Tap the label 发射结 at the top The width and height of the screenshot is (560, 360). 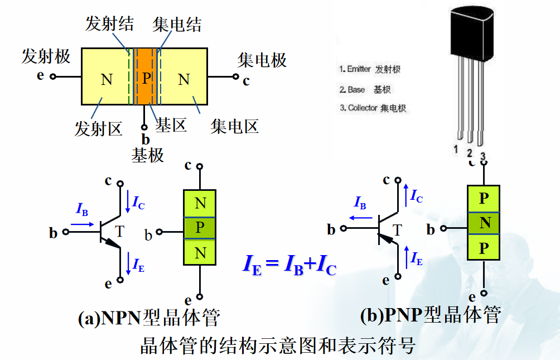pyautogui.click(x=109, y=23)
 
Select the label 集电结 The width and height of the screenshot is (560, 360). pyautogui.click(x=177, y=25)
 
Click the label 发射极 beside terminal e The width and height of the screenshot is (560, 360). pyautogui.click(x=46, y=56)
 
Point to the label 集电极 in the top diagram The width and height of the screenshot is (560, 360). pyautogui.click(x=262, y=60)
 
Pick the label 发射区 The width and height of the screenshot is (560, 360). pyautogui.click(x=98, y=128)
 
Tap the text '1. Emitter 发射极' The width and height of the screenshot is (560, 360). pyautogui.click(x=370, y=70)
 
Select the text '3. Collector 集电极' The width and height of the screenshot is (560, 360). pyautogui.click(x=373, y=108)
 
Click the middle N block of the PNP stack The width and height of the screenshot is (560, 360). pyautogui.click(x=485, y=223)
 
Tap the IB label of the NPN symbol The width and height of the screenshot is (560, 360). pyautogui.click(x=82, y=210)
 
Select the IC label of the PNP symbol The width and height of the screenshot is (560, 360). pyautogui.click(x=416, y=196)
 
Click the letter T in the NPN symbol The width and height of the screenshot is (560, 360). pyautogui.click(x=119, y=231)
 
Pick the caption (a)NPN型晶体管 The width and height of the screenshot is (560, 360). pyautogui.click(x=149, y=317)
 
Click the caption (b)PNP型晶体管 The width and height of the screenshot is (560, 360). pyautogui.click(x=430, y=315)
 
